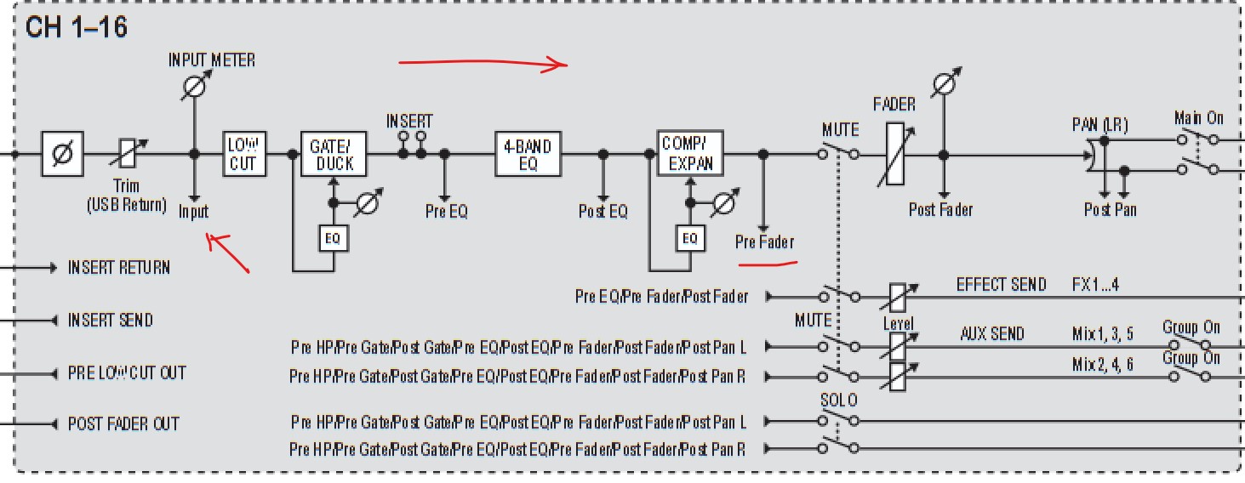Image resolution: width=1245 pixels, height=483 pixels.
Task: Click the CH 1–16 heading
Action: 76,26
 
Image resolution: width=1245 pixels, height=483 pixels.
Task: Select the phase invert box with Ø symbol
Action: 62,154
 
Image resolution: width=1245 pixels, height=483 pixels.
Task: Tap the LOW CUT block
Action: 244,154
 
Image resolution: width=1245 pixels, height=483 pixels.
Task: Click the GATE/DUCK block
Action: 334,154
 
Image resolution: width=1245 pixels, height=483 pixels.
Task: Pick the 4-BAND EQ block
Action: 528,154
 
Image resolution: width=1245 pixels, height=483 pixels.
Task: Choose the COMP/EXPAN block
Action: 690,153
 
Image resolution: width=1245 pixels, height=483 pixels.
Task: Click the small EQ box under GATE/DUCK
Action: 333,238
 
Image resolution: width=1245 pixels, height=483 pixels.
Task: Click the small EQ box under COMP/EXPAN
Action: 690,238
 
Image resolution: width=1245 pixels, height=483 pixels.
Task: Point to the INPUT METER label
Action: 212,60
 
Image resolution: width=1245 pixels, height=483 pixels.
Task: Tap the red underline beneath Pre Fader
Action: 768,264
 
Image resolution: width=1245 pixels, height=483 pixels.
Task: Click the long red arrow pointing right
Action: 483,63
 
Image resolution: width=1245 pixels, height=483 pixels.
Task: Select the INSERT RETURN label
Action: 119,268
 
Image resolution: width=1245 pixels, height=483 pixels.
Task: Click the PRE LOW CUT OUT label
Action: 127,373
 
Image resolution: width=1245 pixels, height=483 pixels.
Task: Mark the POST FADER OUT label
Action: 123,424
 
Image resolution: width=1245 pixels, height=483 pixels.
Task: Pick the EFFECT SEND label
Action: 1001,284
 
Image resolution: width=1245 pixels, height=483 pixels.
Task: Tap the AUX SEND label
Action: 992,333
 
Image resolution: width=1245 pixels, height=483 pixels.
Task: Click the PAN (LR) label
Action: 1100,125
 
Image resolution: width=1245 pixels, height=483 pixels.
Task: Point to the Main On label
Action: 1199,117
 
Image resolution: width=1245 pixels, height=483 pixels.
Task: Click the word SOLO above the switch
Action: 839,400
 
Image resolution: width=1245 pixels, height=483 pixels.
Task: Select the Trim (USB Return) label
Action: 127,196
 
